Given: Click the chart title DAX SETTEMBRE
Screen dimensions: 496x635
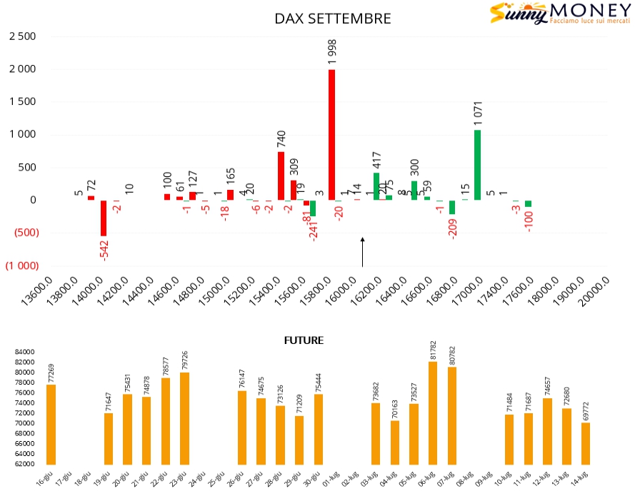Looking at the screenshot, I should click(x=333, y=19).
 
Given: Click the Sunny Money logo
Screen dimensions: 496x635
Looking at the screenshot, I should click(x=559, y=14).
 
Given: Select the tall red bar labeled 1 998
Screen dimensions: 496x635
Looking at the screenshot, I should click(x=331, y=134).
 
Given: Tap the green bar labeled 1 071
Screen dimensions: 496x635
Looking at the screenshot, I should click(x=477, y=165).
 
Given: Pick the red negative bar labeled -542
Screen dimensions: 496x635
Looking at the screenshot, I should click(x=104, y=218).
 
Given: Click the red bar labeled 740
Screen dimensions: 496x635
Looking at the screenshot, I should click(x=281, y=176).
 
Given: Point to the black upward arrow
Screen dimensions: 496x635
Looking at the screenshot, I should click(x=362, y=252).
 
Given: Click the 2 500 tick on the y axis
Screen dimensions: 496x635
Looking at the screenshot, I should click(x=22, y=36).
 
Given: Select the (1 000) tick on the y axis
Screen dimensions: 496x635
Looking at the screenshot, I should click(x=22, y=265).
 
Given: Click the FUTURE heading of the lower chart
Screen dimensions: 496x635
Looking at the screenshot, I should click(x=304, y=340).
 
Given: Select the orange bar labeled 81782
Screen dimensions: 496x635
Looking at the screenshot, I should click(x=433, y=413).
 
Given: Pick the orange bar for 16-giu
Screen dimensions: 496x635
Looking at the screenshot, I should click(x=51, y=425).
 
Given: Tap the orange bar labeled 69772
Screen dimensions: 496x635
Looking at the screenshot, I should click(x=586, y=443).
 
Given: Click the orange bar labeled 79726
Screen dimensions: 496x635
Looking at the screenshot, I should click(x=184, y=418).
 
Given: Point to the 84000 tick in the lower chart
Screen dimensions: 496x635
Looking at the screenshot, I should click(x=24, y=352).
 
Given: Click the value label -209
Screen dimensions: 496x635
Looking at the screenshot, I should click(x=453, y=228).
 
